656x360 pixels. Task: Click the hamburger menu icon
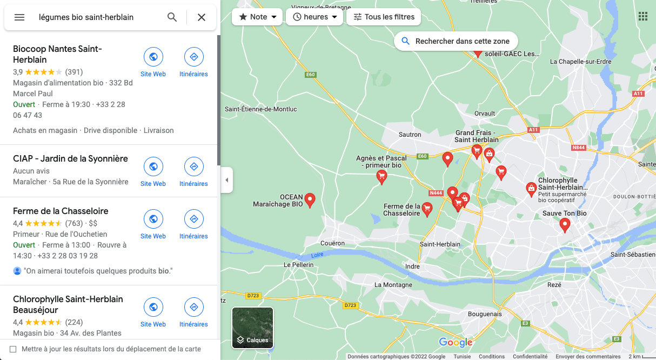point(19,17)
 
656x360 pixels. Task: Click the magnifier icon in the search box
point(172,17)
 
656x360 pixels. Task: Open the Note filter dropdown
point(257,17)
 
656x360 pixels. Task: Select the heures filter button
point(314,17)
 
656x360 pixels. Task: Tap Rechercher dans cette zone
point(456,41)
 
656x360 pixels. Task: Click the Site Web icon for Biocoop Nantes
point(153,57)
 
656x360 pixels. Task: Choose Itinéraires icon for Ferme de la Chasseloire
point(193,219)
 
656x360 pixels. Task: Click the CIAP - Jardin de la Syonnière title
point(70,158)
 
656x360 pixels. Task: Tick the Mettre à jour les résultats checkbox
point(13,349)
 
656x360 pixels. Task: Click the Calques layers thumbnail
point(252,327)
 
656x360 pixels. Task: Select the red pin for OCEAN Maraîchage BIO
point(310,199)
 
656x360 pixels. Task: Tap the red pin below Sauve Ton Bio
point(565,224)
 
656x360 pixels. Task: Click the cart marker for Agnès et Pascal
point(381,176)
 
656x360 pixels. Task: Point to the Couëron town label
point(332,243)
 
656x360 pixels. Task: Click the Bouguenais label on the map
point(485,314)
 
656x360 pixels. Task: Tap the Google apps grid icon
point(642,16)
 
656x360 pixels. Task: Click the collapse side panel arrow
point(226,180)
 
